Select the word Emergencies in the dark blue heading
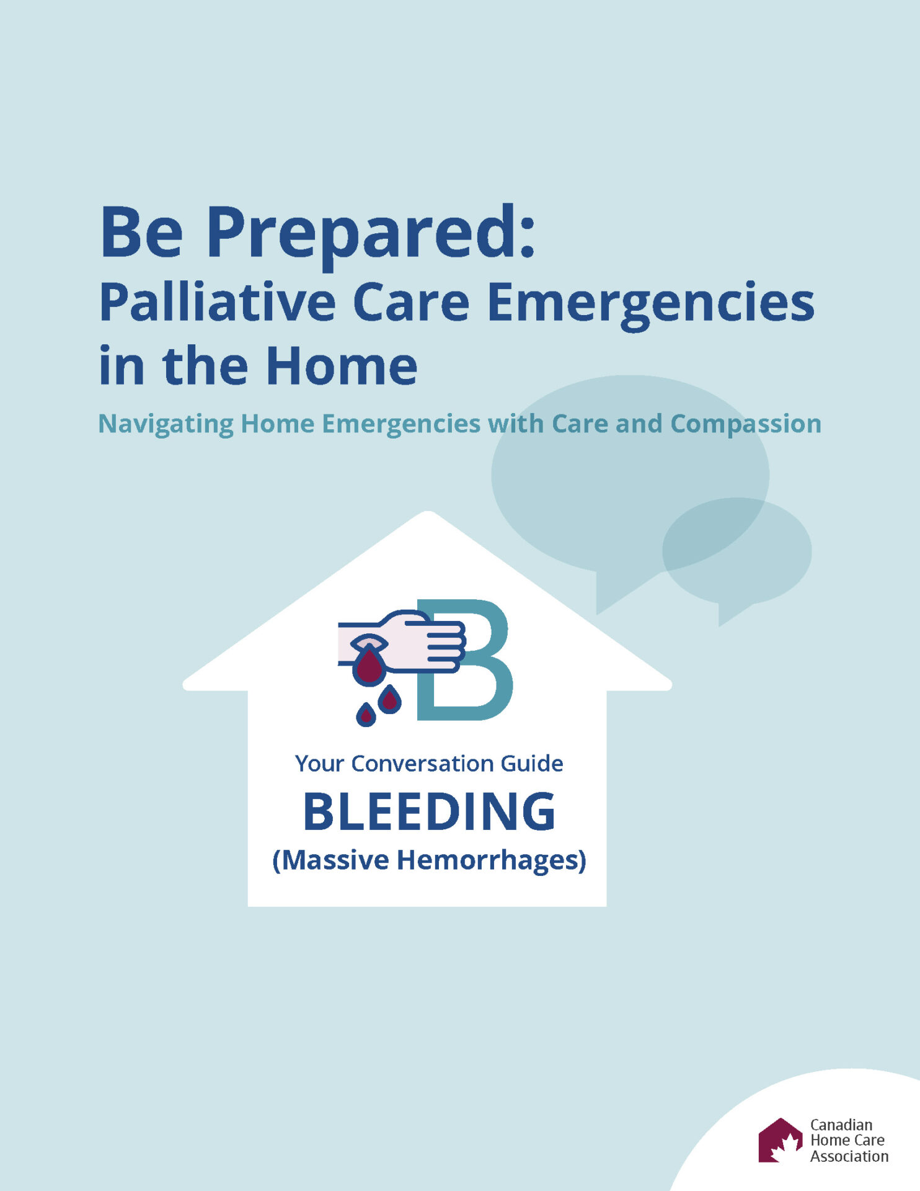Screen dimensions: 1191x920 pos(650,303)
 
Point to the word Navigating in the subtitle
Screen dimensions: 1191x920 pos(166,424)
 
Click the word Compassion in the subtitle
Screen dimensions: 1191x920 pos(745,424)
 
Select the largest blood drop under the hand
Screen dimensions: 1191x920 pos(369,667)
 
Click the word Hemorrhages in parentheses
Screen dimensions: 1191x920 pos(491,860)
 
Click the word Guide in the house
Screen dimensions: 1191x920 pos(532,764)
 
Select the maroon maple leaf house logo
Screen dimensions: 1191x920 pos(779,1140)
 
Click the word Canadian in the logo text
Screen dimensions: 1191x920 pos(841,1125)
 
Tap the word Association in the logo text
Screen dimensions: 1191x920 pos(849,1156)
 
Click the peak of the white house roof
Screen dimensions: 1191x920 pos(428,515)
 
